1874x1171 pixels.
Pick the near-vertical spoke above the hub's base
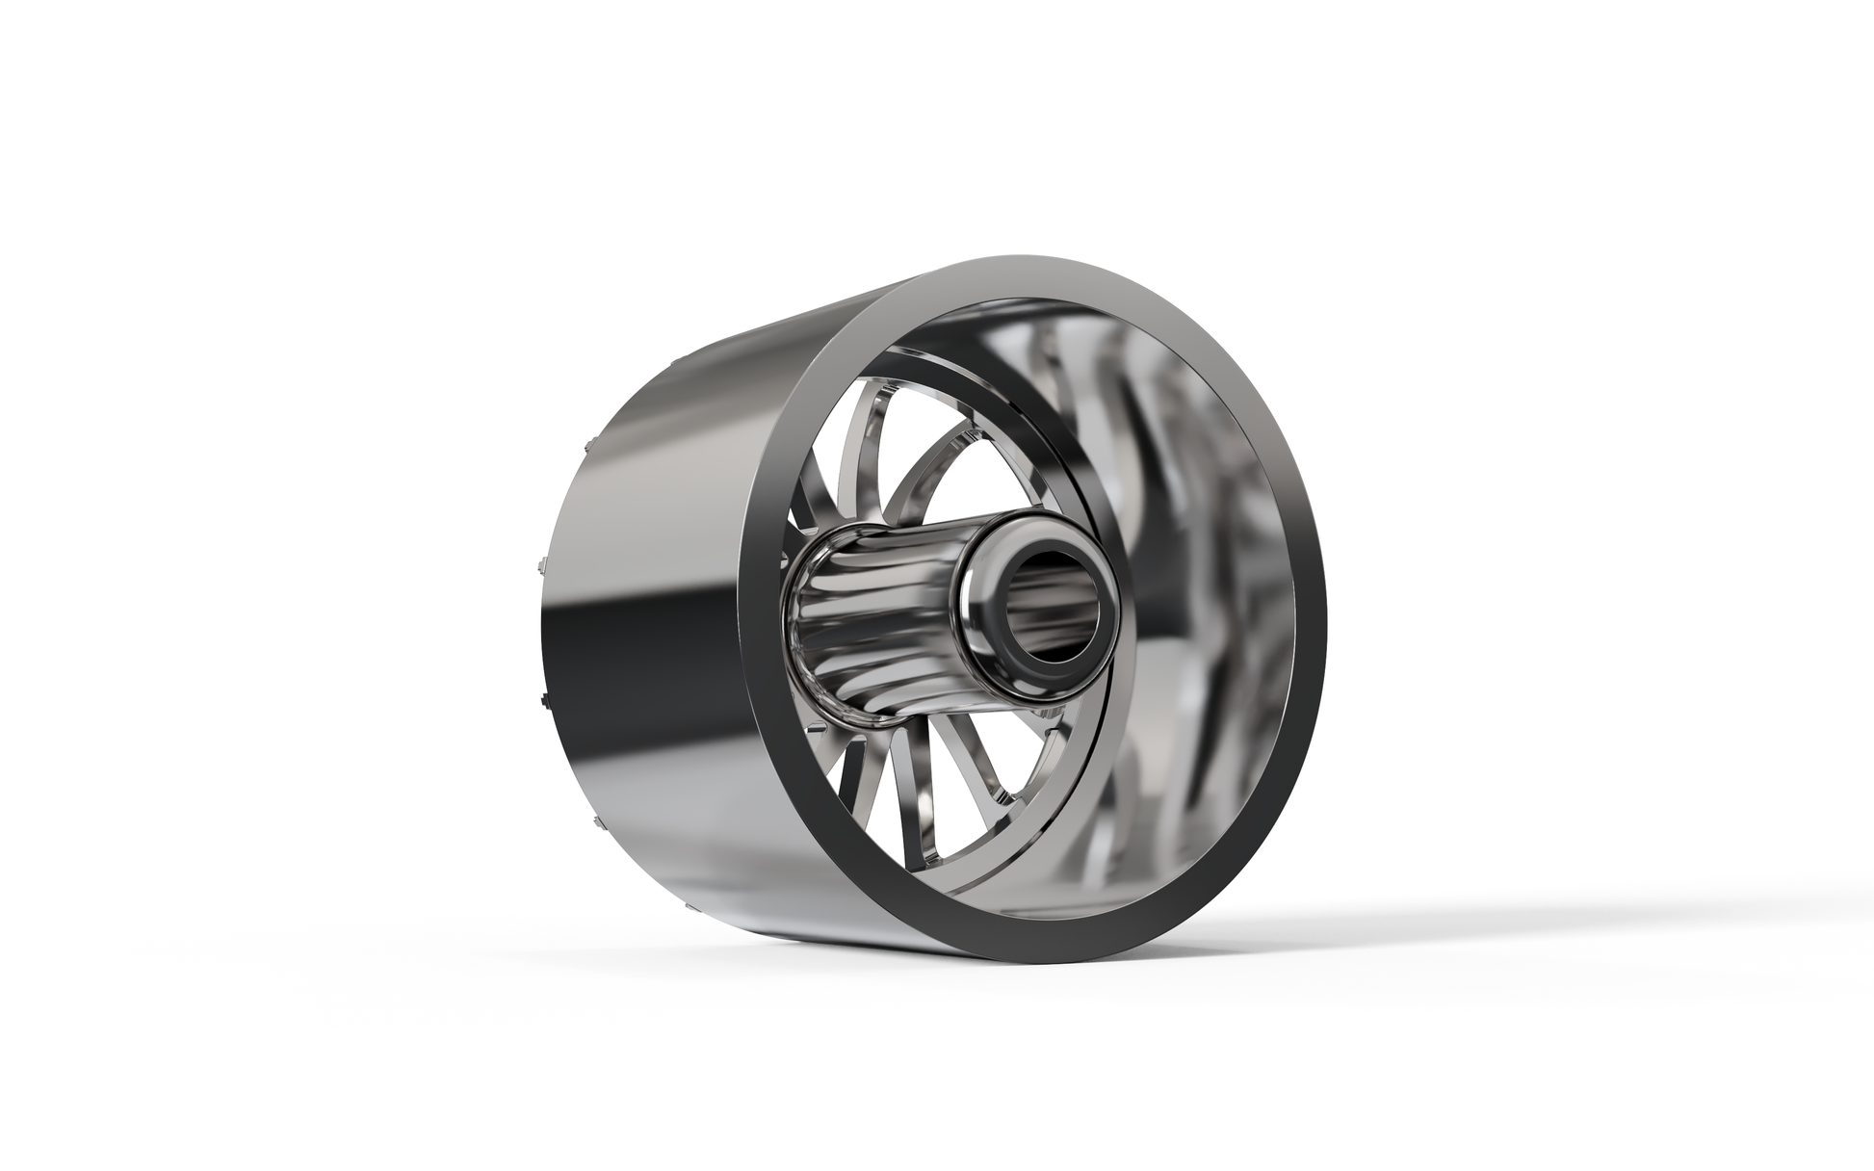[847, 462]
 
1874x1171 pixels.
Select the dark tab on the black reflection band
[544, 692]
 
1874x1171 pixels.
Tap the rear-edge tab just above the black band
[539, 563]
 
